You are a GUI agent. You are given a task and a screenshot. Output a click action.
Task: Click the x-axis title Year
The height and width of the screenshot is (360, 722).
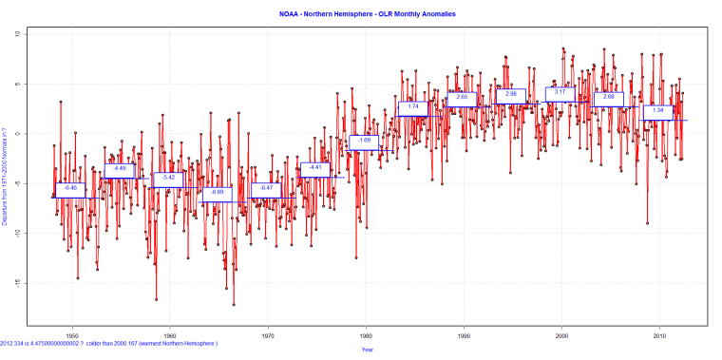[366, 350]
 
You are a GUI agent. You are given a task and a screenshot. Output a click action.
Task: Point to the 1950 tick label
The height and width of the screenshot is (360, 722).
[71, 335]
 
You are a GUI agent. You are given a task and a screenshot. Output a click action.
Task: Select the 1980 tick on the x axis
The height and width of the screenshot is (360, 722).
[366, 335]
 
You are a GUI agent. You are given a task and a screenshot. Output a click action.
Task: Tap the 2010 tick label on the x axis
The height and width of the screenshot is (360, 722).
[659, 335]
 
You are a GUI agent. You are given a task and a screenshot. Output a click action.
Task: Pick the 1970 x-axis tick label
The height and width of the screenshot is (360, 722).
[268, 335]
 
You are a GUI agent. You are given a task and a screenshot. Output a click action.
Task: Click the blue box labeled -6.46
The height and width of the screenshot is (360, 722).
[69, 189]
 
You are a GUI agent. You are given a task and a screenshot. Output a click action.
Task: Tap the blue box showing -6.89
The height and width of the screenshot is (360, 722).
[217, 193]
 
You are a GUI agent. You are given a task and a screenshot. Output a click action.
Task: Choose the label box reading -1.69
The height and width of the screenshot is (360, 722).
[364, 142]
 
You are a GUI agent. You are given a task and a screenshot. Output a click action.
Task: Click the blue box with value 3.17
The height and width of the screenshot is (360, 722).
[560, 92]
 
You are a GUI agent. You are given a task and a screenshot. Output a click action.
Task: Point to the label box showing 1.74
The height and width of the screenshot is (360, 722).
[413, 107]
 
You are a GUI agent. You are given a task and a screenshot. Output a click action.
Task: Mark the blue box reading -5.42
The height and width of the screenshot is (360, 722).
[168, 179]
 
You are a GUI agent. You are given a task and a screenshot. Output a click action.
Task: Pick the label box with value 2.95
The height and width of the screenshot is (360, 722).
[511, 95]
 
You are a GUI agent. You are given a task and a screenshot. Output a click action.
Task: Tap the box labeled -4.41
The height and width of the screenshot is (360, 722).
[315, 168]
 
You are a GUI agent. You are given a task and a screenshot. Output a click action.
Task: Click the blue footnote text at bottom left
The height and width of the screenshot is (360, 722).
[109, 343]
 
